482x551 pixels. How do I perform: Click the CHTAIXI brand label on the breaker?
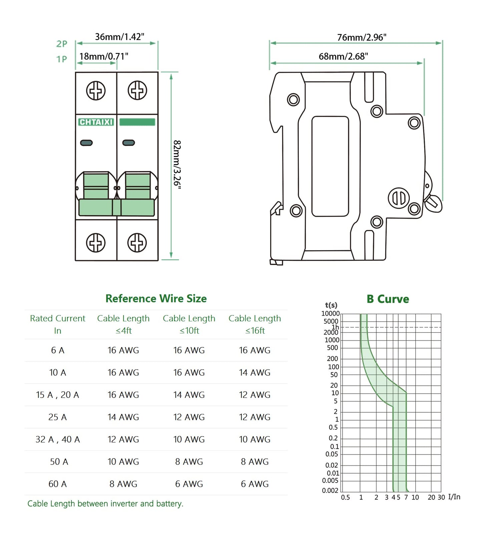[96, 122]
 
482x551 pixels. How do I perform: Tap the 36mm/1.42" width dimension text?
[119, 37]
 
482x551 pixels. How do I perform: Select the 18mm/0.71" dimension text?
[103, 56]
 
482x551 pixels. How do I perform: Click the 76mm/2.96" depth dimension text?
[362, 37]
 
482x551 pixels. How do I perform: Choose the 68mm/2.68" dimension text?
[343, 56]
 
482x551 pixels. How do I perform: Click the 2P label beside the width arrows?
[62, 44]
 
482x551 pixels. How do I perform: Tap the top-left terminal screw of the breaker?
[96, 90]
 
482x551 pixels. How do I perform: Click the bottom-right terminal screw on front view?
[137, 242]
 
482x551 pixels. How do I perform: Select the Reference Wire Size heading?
[156, 298]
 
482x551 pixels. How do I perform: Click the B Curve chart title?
[388, 299]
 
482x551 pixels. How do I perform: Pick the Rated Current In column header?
[57, 324]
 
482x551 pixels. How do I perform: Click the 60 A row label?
[57, 484]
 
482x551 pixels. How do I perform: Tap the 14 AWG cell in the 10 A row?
[255, 372]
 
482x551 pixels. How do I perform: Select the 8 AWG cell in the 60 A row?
[123, 484]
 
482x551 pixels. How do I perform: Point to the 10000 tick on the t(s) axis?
[330, 314]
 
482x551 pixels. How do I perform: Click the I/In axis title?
[454, 497]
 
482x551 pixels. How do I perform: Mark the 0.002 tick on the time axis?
[330, 490]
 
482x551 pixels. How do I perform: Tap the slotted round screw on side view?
[399, 198]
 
